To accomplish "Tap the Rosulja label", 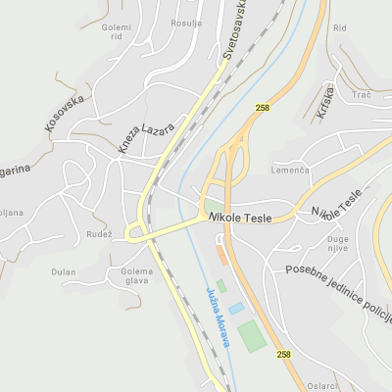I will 185,24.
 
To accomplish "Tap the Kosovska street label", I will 66,113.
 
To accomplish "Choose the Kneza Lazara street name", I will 146,137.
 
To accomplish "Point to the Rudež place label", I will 99,233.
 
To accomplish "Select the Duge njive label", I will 337,244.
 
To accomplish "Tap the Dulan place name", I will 64,271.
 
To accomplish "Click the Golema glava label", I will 136,277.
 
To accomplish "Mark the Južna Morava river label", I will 218,317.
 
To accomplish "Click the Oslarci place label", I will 321,386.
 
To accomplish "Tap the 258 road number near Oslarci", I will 283,354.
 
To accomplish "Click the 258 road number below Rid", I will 262,108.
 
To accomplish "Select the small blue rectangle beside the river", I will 236,308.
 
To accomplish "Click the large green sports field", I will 252,335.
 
